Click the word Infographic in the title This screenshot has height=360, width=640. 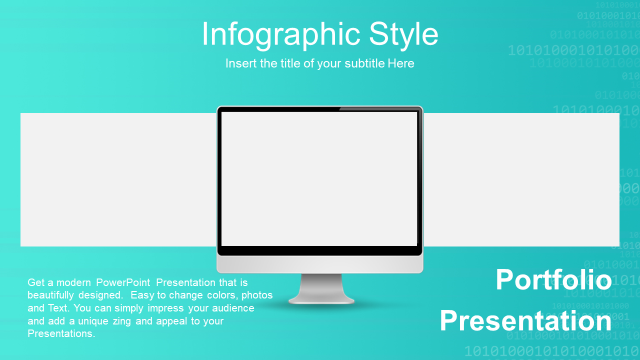click(x=281, y=35)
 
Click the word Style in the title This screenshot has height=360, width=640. click(x=403, y=35)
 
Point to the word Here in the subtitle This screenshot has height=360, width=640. click(x=401, y=63)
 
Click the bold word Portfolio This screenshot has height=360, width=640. click(x=553, y=279)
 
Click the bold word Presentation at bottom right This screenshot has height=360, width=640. click(x=525, y=321)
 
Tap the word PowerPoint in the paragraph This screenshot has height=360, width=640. click(x=123, y=282)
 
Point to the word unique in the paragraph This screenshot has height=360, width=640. click(x=93, y=321)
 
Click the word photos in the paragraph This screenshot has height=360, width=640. click(x=257, y=295)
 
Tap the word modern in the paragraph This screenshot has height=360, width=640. click(x=73, y=282)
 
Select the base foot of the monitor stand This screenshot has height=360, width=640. click(x=321, y=300)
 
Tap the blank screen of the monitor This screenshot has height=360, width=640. click(x=319, y=178)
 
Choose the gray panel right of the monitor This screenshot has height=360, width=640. click(x=521, y=179)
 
